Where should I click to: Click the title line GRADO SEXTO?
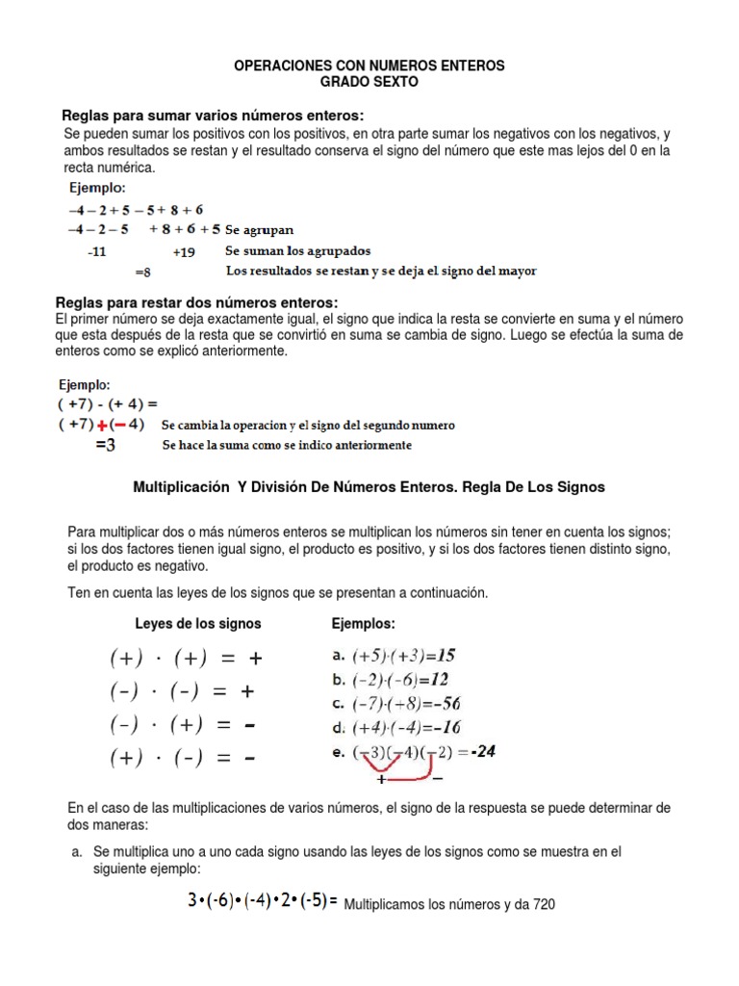[369, 83]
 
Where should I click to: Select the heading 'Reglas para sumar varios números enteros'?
[213, 116]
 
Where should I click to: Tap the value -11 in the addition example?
[96, 251]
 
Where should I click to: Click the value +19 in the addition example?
[184, 251]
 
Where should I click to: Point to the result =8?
[142, 272]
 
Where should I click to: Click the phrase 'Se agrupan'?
[260, 230]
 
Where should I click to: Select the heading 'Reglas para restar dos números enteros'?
[197, 302]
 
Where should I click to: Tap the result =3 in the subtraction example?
[105, 445]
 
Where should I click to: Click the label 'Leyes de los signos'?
[197, 623]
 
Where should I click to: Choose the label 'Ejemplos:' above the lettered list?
[363, 623]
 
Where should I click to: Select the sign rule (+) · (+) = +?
[185, 659]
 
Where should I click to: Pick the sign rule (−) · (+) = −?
[185, 724]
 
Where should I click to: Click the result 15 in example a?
[444, 655]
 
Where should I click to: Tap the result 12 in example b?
[438, 679]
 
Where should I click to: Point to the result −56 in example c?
[444, 703]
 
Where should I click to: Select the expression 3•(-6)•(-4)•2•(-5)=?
[263, 903]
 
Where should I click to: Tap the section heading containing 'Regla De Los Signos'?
[369, 487]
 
